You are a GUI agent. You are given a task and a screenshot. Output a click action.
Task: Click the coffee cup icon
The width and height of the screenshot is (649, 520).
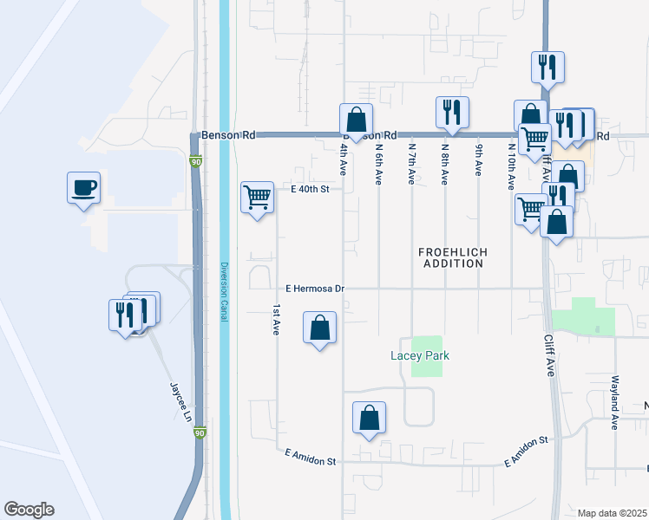click(83, 188)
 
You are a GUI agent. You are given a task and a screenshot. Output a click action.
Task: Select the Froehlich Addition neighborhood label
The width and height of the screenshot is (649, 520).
click(452, 257)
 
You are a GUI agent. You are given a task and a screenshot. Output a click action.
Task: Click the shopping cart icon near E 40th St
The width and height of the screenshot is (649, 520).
click(257, 198)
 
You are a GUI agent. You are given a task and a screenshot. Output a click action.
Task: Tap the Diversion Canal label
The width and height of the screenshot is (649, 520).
click(224, 293)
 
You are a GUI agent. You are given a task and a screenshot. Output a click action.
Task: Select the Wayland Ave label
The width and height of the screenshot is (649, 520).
click(613, 408)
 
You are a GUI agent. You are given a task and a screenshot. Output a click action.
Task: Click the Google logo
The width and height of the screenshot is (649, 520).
click(29, 510)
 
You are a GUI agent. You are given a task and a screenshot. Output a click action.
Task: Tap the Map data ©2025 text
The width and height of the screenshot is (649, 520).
click(612, 513)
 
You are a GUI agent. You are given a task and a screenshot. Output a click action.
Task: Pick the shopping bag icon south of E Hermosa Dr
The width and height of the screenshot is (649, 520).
click(319, 328)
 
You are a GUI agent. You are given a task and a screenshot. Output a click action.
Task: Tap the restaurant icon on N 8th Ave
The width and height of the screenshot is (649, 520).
click(452, 112)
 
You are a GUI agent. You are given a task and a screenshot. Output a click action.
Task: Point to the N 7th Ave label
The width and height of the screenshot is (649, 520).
click(412, 164)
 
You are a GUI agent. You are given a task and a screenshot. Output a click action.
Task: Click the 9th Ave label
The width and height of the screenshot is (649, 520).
click(478, 160)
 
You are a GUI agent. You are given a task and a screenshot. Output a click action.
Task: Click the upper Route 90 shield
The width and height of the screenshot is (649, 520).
click(196, 161)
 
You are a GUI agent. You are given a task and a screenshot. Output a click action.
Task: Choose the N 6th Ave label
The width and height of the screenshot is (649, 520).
click(379, 164)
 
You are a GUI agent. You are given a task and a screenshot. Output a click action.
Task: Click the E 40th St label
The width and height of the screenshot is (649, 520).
click(311, 188)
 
